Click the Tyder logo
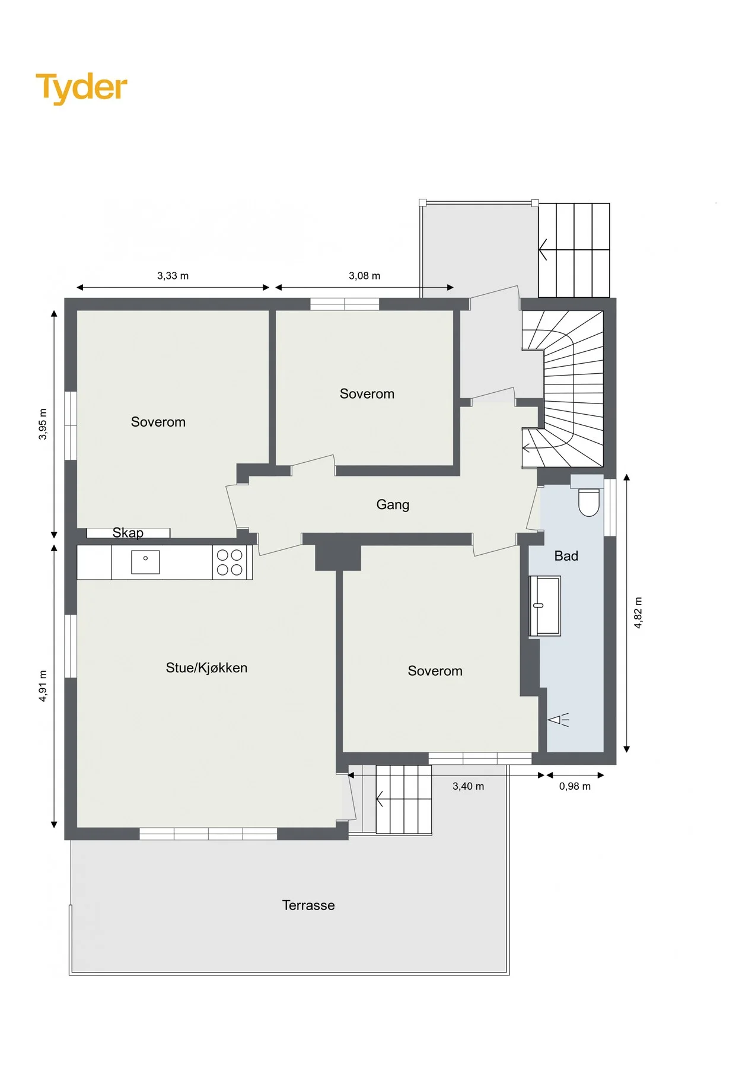pyautogui.click(x=81, y=88)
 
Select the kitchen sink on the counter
pyautogui.click(x=145, y=561)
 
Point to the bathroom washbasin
pyautogui.click(x=545, y=606)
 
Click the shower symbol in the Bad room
pyautogui.click(x=558, y=720)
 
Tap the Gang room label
pyautogui.click(x=393, y=504)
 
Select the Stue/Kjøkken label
pyautogui.click(x=206, y=668)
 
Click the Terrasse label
pyautogui.click(x=308, y=905)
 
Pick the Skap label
pyautogui.click(x=128, y=533)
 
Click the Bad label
pyautogui.click(x=566, y=556)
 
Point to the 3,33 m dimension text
pyautogui.click(x=173, y=276)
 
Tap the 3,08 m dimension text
pyautogui.click(x=364, y=276)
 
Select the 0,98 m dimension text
pyautogui.click(x=575, y=787)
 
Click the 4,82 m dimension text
pyautogui.click(x=638, y=613)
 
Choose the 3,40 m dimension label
pyautogui.click(x=468, y=787)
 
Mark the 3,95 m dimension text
pyautogui.click(x=43, y=424)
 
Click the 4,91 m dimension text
pyautogui.click(x=43, y=686)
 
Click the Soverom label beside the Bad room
pyautogui.click(x=435, y=671)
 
